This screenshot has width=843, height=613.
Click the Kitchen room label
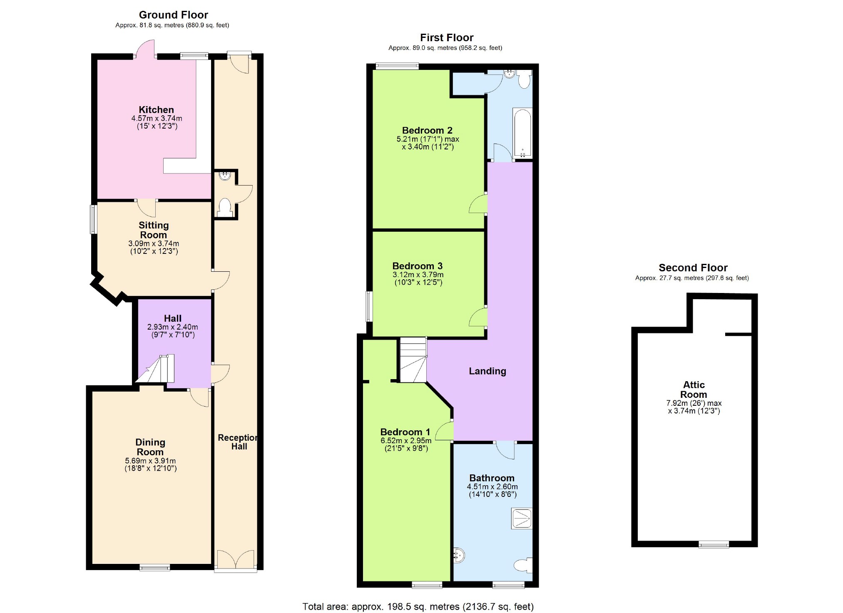pos(156,110)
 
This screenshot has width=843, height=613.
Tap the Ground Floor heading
pos(173,15)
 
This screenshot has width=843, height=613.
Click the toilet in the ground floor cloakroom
pos(225,207)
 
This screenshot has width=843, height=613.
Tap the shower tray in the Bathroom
pos(522,519)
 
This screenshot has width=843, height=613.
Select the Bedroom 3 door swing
pos(478,317)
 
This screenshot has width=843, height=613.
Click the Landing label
pos(487,371)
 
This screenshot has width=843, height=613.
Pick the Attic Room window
pos(714,544)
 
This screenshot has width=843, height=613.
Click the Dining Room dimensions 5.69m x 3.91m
pos(150,461)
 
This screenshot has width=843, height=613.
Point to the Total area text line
pos(418,606)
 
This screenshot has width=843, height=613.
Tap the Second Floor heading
pos(693,268)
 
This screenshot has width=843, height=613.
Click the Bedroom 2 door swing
pos(478,204)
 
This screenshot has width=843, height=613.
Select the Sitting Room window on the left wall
pos(94,219)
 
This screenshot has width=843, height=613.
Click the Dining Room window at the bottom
pos(154,567)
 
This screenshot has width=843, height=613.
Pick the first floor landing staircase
pos(413,360)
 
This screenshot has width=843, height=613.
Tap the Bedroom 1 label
pos(405,432)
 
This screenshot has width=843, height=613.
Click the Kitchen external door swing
pos(145,49)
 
